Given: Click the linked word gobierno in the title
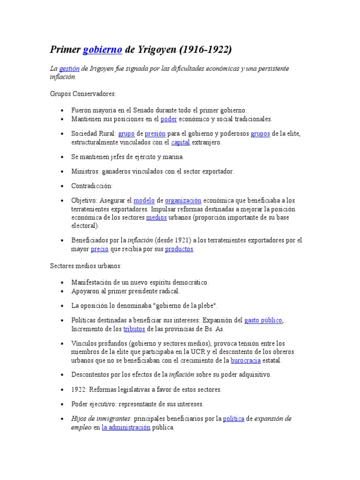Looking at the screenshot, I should click(103, 50).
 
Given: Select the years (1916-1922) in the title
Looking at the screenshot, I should click(205, 50).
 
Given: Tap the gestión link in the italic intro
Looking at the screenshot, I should click(69, 69).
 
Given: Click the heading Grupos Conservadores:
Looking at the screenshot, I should click(82, 94).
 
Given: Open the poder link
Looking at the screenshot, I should click(169, 119).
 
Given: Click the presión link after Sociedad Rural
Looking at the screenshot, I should click(155, 134).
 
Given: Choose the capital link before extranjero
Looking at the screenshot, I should click(180, 142).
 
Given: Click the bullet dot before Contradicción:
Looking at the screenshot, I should click(62, 186).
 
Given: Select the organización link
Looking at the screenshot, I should click(183, 200).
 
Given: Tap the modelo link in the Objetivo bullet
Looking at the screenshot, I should click(144, 200).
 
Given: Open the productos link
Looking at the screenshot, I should click(179, 249).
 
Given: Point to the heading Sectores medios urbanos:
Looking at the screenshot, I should click(86, 266).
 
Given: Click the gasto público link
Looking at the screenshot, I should click(263, 321).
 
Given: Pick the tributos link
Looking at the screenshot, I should click(134, 329).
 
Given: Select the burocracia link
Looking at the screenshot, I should click(246, 360).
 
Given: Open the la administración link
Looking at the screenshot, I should click(126, 427).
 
